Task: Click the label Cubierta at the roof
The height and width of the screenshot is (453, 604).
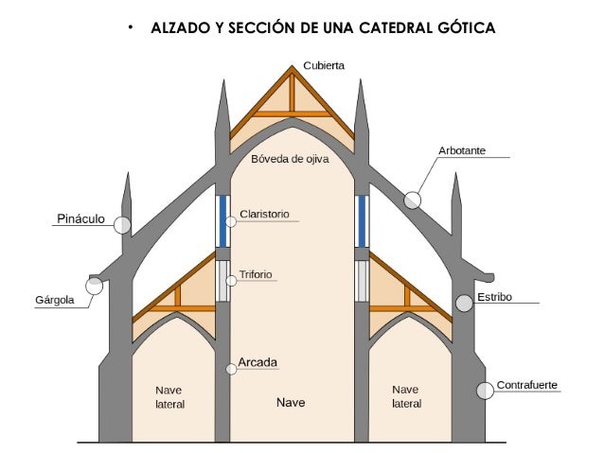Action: [324, 65]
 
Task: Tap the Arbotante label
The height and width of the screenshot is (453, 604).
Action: [462, 150]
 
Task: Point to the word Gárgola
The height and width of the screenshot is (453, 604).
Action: [54, 301]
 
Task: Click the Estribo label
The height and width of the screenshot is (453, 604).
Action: [494, 297]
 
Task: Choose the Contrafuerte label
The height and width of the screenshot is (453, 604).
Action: [527, 385]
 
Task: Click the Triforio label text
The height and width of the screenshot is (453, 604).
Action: [256, 274]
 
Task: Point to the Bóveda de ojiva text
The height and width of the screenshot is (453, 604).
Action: [290, 159]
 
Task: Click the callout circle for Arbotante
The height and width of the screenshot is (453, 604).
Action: [412, 200]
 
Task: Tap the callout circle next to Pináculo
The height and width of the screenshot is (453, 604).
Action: [122, 224]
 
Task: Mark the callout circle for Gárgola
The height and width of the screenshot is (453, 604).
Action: [95, 286]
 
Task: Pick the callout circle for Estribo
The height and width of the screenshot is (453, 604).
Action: [464, 304]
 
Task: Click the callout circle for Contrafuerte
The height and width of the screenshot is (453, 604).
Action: [484, 390]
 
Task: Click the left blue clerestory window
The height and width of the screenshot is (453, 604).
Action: [222, 220]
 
